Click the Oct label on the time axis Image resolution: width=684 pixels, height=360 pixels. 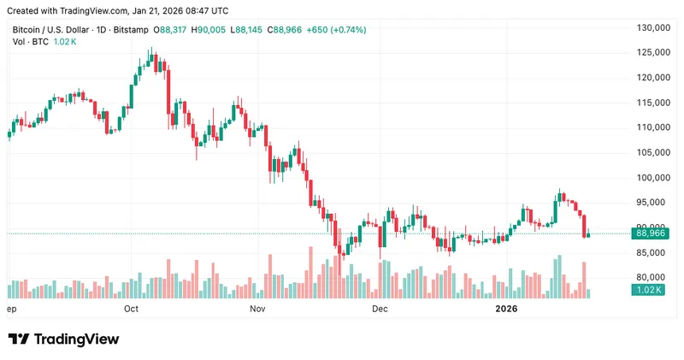click(132, 308)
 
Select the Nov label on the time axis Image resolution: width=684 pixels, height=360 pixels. click(257, 308)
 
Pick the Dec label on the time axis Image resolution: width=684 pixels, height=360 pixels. click(380, 308)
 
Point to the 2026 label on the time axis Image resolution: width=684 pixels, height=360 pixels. click(507, 308)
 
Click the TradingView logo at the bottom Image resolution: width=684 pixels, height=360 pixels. click(63, 339)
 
